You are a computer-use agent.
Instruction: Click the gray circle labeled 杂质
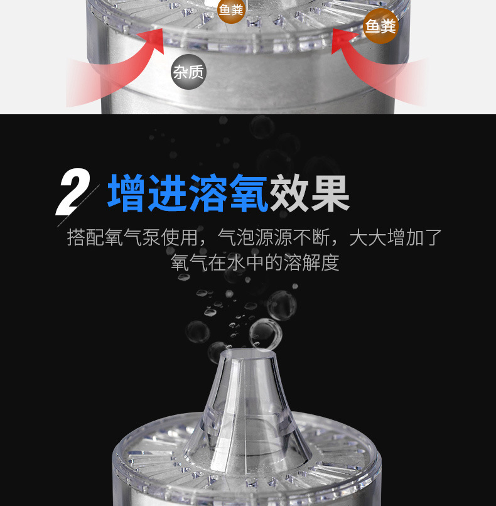[x=188, y=72]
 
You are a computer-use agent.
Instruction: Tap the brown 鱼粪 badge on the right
[x=381, y=26]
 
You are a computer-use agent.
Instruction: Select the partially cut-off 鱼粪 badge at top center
[x=230, y=10]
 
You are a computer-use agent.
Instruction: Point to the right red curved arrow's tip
[x=332, y=29]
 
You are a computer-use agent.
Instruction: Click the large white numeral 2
[x=73, y=191]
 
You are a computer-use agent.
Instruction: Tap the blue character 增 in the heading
[x=126, y=193]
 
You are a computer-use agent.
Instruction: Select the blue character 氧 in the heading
[x=249, y=193]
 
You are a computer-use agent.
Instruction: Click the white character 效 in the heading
[x=289, y=193]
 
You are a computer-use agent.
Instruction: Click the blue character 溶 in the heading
[x=208, y=193]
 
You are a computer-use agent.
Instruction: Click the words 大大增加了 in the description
[x=396, y=237]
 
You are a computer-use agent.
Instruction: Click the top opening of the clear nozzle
[x=248, y=354]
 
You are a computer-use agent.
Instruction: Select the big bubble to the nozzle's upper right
[x=281, y=305]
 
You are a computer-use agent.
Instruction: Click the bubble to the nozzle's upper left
[x=198, y=331]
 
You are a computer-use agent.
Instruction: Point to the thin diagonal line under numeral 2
[x=78, y=205]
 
